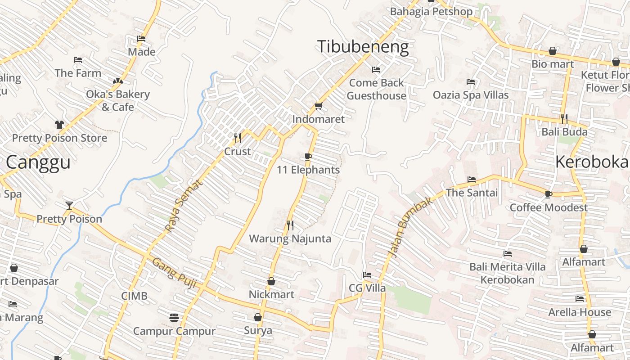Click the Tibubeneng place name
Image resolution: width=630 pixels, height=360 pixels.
[363, 47]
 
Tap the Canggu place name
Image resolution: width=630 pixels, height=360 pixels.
[38, 162]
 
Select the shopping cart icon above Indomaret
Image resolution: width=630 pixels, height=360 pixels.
[319, 106]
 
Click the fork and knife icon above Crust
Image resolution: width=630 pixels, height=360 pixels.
[238, 138]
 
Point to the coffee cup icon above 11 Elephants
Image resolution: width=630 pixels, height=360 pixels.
[308, 157]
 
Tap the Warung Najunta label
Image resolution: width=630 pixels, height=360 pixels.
[290, 238]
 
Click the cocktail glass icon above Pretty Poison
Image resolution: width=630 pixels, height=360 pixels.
[69, 206]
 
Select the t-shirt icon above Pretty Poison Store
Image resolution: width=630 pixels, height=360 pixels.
[59, 125]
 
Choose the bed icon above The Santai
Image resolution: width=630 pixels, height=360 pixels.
[472, 180]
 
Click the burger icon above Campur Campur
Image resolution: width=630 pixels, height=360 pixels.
[174, 318]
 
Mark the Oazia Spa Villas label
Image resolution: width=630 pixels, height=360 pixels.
[471, 95]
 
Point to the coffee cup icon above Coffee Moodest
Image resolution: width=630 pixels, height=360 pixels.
[548, 194]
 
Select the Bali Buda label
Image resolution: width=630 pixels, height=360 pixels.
[564, 132]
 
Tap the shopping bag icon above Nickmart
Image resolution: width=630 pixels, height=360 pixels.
[271, 281]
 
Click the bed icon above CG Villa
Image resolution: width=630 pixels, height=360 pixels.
[367, 275]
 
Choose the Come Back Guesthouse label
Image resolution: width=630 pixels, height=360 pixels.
[376, 89]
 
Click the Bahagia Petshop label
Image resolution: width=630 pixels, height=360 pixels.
[431, 12]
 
